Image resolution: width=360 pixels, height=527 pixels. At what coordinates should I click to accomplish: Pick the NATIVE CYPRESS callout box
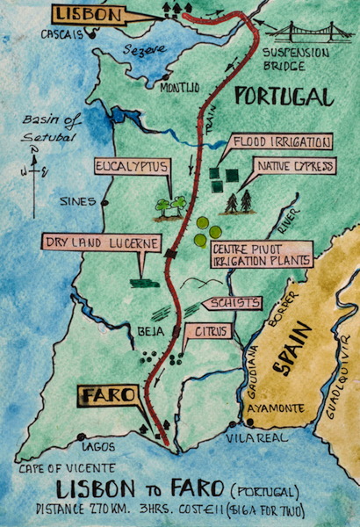click(292, 165)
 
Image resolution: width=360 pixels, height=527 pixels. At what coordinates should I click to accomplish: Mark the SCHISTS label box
click(232, 303)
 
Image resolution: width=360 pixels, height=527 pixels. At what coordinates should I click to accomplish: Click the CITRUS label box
click(209, 331)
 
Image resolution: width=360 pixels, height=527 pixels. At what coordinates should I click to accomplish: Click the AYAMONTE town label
click(251, 408)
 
